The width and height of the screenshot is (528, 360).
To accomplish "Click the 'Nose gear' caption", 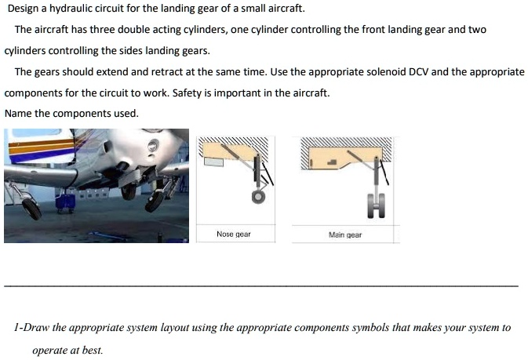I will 233,235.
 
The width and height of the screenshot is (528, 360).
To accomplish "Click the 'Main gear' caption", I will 345,235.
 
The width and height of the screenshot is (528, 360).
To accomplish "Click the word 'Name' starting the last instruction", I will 18,114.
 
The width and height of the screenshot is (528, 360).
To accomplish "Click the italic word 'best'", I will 91,351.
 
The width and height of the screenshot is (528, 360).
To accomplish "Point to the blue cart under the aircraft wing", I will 65,203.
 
